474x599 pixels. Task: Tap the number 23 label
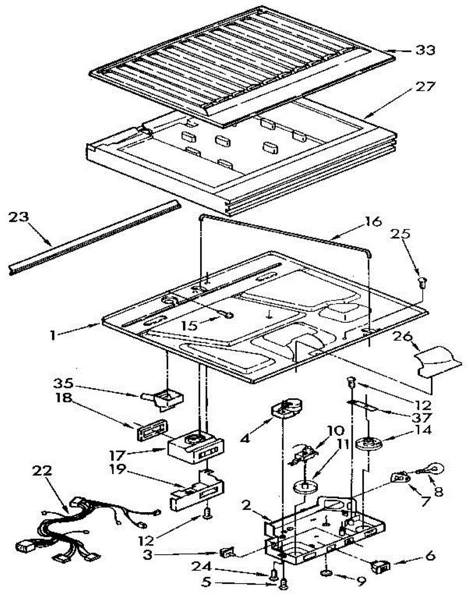point(19,218)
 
